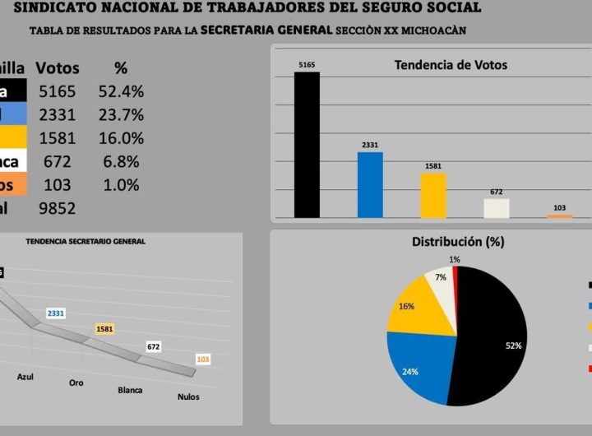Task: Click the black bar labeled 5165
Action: coord(307,146)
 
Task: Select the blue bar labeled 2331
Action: coord(370,185)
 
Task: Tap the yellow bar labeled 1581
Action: coord(433,196)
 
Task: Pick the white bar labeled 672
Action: coord(497,208)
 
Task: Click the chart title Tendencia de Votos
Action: coord(451,65)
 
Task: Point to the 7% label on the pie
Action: coord(441,277)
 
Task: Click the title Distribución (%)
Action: coord(458,242)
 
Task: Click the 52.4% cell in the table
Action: coord(123,91)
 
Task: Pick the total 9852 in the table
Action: coord(57,208)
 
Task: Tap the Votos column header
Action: coord(58,67)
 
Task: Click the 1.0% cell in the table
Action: coord(122,185)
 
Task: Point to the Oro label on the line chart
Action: coord(76,383)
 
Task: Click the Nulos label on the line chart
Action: coord(188,397)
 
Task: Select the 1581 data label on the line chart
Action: coord(105,329)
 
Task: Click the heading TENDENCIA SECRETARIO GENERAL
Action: coord(86,242)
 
